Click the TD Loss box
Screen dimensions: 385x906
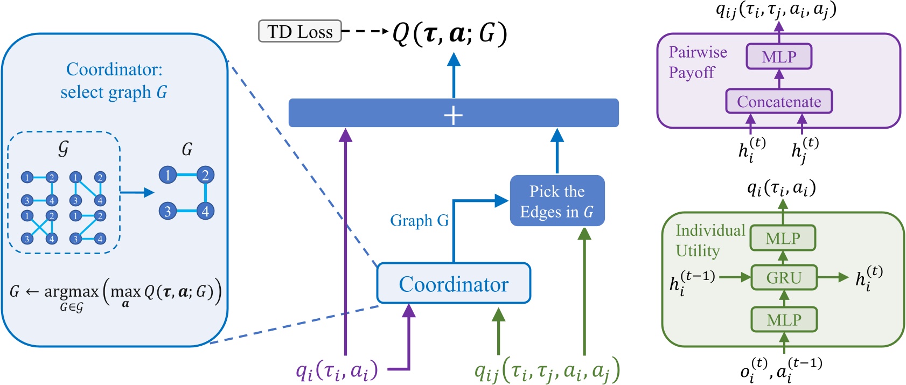(x=299, y=31)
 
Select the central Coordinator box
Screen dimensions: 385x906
(x=454, y=283)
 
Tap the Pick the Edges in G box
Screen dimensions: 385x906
(x=557, y=201)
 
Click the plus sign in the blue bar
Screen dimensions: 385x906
(x=453, y=115)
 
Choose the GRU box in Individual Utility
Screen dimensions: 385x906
(x=784, y=278)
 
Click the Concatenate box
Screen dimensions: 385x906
(x=779, y=101)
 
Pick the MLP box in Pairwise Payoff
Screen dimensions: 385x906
(x=779, y=57)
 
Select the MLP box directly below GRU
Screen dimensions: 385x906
(x=784, y=320)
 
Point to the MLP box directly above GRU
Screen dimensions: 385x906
(x=783, y=238)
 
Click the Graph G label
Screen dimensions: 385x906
(x=419, y=221)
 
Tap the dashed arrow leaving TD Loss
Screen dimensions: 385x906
(x=365, y=31)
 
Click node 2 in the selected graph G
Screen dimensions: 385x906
(x=205, y=175)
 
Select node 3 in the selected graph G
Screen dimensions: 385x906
(x=168, y=211)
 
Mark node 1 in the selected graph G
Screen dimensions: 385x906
(x=168, y=175)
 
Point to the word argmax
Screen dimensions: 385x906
(x=71, y=292)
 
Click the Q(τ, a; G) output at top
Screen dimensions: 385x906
(x=449, y=33)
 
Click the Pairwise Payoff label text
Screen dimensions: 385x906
(x=697, y=62)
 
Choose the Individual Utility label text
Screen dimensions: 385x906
(x=709, y=241)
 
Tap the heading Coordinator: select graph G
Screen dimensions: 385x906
(x=114, y=81)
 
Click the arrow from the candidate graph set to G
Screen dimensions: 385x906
(x=137, y=192)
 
